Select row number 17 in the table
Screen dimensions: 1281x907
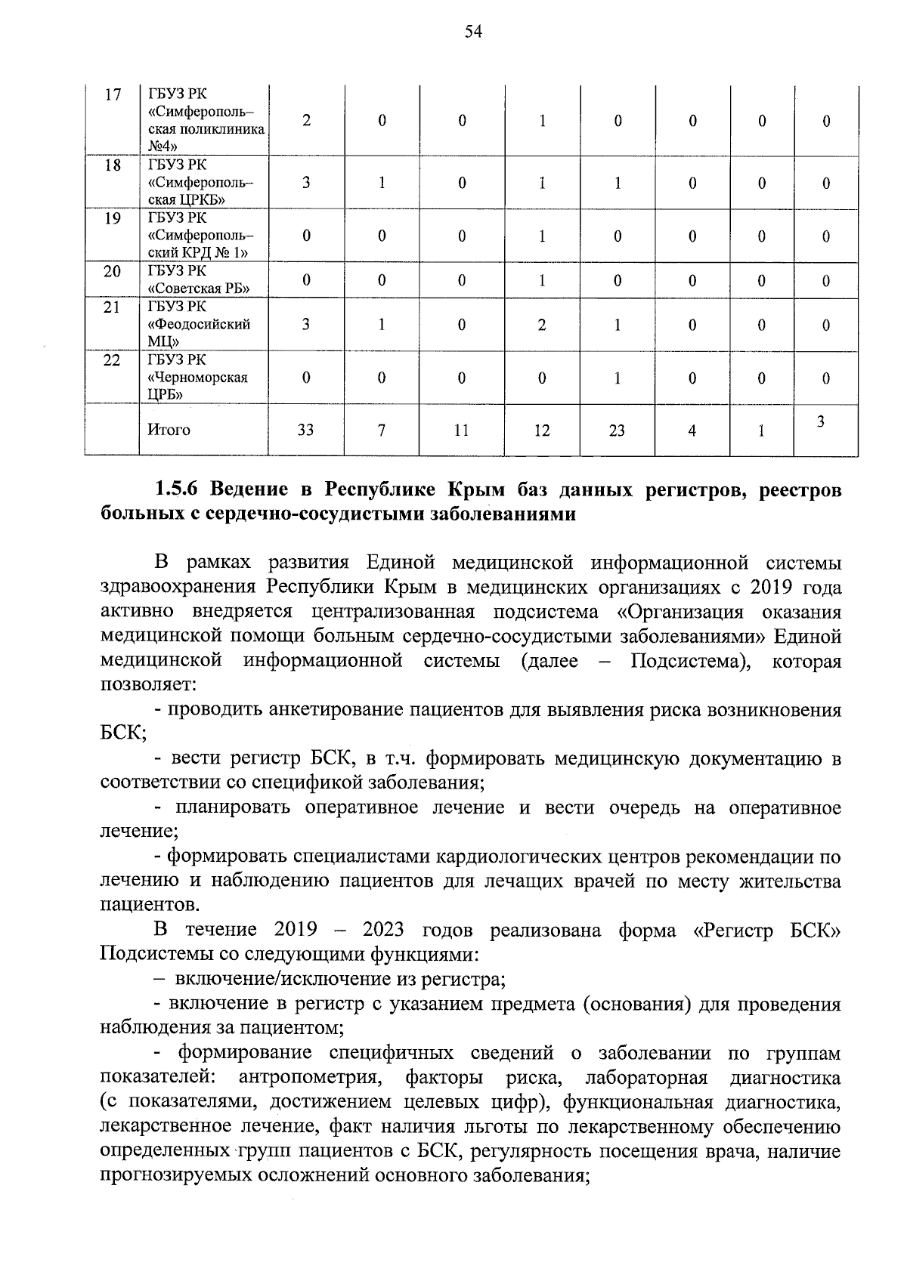click(113, 95)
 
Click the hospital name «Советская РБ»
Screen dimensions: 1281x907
click(198, 288)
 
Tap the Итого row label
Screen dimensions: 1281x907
click(169, 430)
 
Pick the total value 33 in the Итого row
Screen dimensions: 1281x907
click(306, 431)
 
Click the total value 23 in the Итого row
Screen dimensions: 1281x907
click(617, 431)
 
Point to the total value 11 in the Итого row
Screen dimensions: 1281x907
click(461, 431)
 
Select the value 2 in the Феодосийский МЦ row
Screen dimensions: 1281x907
click(542, 325)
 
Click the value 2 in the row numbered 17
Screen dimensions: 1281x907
click(306, 121)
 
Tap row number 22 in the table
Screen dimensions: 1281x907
click(112, 360)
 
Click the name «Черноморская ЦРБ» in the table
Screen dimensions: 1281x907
click(198, 378)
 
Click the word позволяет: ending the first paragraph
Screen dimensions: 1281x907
click(149, 686)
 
